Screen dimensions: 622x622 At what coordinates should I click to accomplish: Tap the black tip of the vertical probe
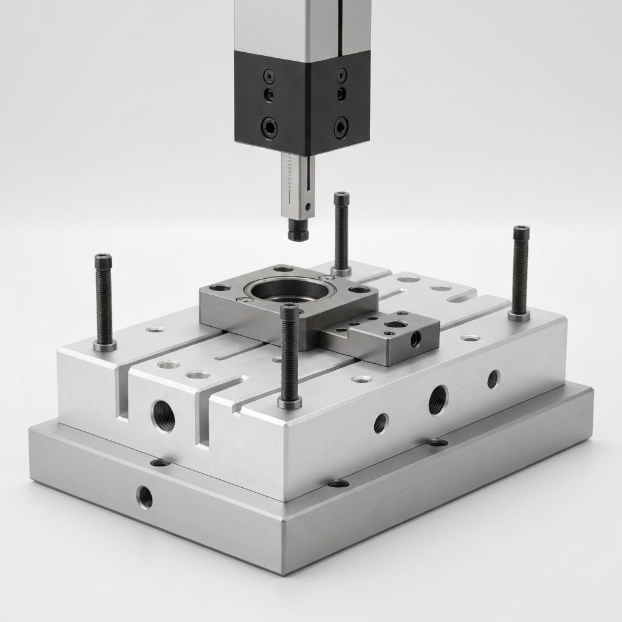(x=298, y=233)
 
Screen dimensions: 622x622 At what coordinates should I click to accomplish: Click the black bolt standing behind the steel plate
(x=341, y=231)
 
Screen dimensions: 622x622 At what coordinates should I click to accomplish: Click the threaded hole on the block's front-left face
(x=163, y=416)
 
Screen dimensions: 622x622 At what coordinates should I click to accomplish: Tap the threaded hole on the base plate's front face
(x=145, y=497)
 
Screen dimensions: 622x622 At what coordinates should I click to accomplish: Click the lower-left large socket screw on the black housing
(x=269, y=128)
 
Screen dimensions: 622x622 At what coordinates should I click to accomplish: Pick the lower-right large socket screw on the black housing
(x=341, y=128)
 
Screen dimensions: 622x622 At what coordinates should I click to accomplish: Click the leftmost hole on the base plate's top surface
(x=160, y=463)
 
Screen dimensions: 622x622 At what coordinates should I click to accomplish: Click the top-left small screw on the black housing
(x=269, y=76)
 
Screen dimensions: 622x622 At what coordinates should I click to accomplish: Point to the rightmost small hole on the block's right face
(x=493, y=379)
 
